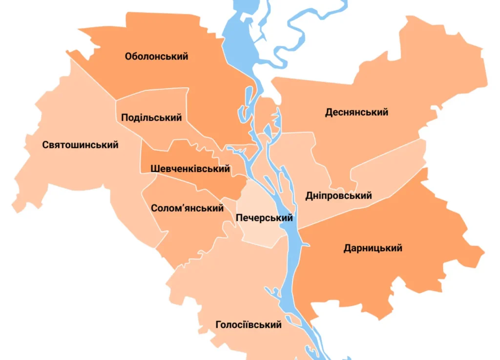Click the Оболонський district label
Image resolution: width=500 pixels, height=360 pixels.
pyautogui.click(x=156, y=57)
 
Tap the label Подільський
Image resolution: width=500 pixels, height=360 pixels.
pyautogui.click(x=151, y=118)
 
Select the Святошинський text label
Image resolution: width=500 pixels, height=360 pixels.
pyautogui.click(x=80, y=145)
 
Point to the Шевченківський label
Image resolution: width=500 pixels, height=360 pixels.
pyautogui.click(x=190, y=169)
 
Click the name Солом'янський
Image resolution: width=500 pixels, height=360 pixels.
pyautogui.click(x=187, y=208)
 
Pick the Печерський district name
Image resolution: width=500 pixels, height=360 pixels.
pyautogui.click(x=264, y=218)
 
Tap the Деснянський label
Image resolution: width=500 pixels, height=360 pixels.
pyautogui.click(x=356, y=112)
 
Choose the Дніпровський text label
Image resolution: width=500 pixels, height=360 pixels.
pyautogui.click(x=338, y=196)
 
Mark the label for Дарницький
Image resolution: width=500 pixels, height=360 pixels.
pyautogui.click(x=373, y=248)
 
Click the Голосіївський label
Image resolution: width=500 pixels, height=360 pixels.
pyautogui.click(x=249, y=325)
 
